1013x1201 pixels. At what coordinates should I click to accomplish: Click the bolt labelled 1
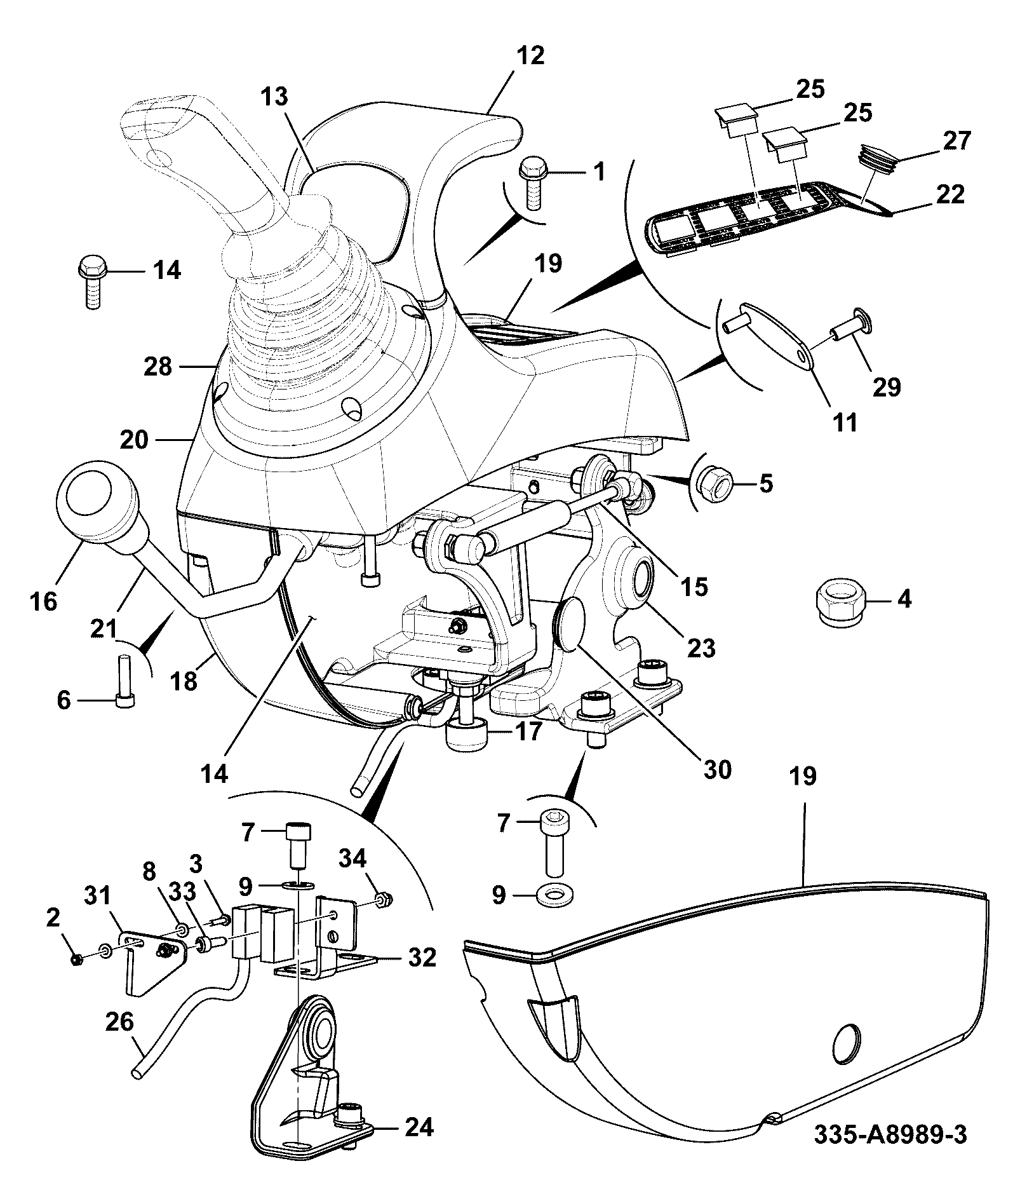tap(532, 183)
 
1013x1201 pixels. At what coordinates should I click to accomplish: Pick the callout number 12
tap(530, 55)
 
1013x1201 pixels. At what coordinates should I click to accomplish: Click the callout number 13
tap(274, 97)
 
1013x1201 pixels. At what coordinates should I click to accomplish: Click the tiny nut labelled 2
tap(76, 959)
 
